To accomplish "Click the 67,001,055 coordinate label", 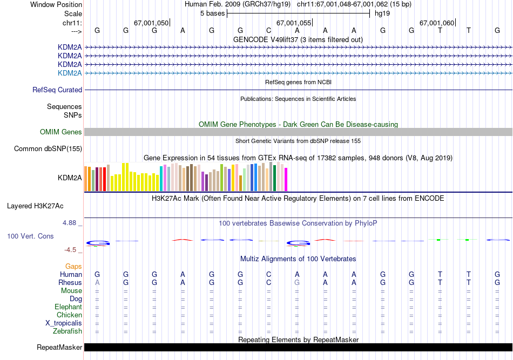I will (294, 23).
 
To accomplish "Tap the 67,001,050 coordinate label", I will (151, 23).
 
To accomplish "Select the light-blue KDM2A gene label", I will (70, 73).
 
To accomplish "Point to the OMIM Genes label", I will (61, 132).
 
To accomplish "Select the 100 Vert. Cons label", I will (30, 236).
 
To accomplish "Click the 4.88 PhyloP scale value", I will (71, 222).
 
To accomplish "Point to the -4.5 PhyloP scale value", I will (72, 249).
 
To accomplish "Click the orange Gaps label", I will (73, 266).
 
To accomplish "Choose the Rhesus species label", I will (70, 282).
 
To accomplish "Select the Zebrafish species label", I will (68, 331).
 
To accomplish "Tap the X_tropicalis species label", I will (64, 323).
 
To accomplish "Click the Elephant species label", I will (68, 307).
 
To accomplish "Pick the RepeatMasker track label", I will (59, 347).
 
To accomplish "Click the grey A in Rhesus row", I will (97, 282).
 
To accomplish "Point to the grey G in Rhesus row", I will (297, 282).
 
